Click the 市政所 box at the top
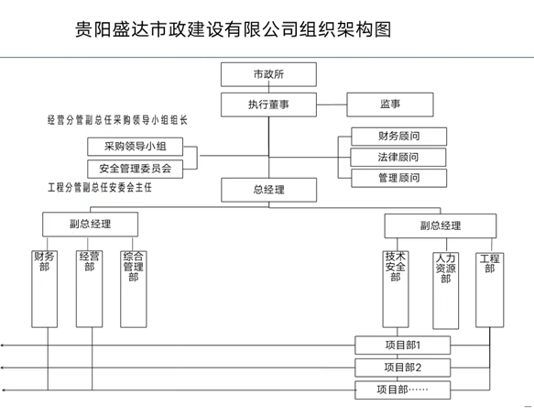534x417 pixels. point(268,74)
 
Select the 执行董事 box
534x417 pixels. point(268,104)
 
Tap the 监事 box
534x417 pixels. point(390,104)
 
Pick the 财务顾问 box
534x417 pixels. point(398,137)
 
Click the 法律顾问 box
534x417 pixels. point(398,157)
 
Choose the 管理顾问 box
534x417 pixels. point(398,178)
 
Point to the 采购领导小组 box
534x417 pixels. point(136,147)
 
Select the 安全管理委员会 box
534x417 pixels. point(136,169)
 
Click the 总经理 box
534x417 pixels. point(268,190)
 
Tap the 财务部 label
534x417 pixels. point(44,261)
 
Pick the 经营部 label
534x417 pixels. point(89,261)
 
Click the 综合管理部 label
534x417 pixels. point(133,267)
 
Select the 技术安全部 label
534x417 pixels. point(396,267)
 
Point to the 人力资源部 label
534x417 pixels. point(445,269)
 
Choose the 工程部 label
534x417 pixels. point(489,263)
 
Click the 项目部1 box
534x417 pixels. point(402,346)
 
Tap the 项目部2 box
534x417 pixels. point(402,368)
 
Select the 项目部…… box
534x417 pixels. point(402,390)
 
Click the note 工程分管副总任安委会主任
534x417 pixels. point(100,187)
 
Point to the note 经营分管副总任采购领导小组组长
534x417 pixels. point(117,120)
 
